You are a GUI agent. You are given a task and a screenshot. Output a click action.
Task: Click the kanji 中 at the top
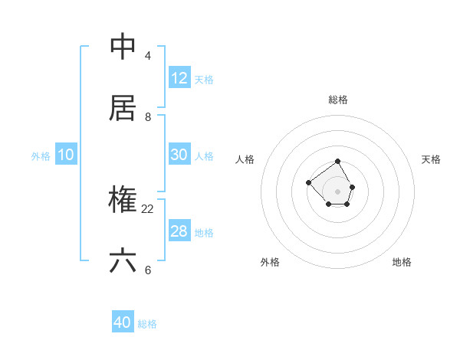pyautogui.click(x=123, y=47)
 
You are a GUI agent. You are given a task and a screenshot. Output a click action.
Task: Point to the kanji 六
pyautogui.click(x=123, y=261)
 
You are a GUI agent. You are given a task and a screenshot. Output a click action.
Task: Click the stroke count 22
pyautogui.click(x=148, y=208)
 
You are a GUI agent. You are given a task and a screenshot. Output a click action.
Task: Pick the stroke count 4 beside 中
pyautogui.click(x=148, y=55)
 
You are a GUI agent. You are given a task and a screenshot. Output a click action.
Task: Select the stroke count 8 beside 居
pyautogui.click(x=148, y=116)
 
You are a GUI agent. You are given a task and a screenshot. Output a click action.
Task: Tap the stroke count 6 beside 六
pyautogui.click(x=148, y=270)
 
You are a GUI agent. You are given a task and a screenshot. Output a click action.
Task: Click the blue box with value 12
pyautogui.click(x=179, y=78)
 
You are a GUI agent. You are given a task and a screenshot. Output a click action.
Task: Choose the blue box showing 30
pyautogui.click(x=179, y=155)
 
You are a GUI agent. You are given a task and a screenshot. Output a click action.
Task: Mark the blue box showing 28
pyautogui.click(x=179, y=231)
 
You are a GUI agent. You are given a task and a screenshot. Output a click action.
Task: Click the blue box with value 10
pyautogui.click(x=66, y=155)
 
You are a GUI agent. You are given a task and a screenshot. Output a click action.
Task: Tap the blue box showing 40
pyautogui.click(x=123, y=322)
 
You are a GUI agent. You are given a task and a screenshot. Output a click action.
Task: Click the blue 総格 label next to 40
pyautogui.click(x=147, y=324)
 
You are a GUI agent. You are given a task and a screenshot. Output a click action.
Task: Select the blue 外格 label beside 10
pyautogui.click(x=41, y=156)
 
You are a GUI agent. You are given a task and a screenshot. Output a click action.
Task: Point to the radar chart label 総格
pyautogui.click(x=338, y=100)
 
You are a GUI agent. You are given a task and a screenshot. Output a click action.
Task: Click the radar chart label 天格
pyautogui.click(x=431, y=159)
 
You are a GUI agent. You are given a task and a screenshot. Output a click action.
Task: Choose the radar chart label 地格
pyautogui.click(x=402, y=262)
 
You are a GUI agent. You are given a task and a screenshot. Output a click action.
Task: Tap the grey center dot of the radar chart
pyautogui.click(x=338, y=191)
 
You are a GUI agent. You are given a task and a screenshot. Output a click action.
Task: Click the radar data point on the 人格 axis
pyautogui.click(x=308, y=182)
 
